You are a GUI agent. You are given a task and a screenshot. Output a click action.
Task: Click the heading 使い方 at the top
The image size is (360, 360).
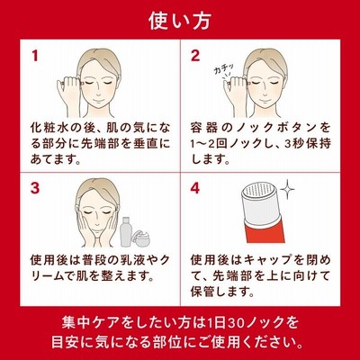point(180,21)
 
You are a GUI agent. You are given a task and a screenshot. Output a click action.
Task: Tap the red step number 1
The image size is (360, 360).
point(35,56)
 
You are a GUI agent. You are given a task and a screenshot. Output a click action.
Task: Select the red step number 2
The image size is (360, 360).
point(195,56)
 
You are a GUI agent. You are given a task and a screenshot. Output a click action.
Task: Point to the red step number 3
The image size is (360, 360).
point(35,188)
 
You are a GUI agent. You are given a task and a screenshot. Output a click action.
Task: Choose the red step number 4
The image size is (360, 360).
point(195,188)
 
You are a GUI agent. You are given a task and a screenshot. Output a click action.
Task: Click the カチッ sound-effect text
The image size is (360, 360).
point(223,70)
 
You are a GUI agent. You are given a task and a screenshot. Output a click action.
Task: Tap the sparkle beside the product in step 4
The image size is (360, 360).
point(287,189)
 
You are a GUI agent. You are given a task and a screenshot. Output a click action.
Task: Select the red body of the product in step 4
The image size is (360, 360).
point(264,229)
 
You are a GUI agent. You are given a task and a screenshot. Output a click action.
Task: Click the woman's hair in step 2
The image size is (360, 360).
point(262,63)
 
